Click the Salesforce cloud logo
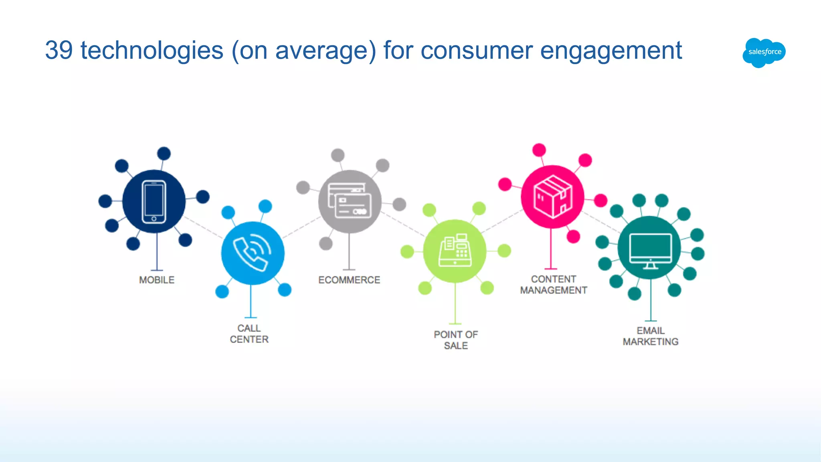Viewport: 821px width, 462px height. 764,52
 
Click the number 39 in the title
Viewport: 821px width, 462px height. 59,51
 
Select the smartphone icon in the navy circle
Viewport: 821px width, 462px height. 154,202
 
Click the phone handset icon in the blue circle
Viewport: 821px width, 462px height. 253,253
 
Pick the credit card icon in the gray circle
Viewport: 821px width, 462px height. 350,201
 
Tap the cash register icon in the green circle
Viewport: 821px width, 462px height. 455,251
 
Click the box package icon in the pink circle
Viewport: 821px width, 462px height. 553,197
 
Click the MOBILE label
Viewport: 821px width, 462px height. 157,280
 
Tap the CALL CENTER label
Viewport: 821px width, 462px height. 249,334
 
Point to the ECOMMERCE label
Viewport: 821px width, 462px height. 349,280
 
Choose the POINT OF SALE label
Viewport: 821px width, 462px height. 456,340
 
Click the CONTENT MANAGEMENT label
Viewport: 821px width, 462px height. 553,285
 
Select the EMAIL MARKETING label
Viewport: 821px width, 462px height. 650,336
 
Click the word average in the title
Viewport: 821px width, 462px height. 322,51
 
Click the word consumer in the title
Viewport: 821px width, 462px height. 476,51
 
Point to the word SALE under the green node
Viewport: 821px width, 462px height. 456,346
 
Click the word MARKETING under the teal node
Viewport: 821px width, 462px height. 650,342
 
